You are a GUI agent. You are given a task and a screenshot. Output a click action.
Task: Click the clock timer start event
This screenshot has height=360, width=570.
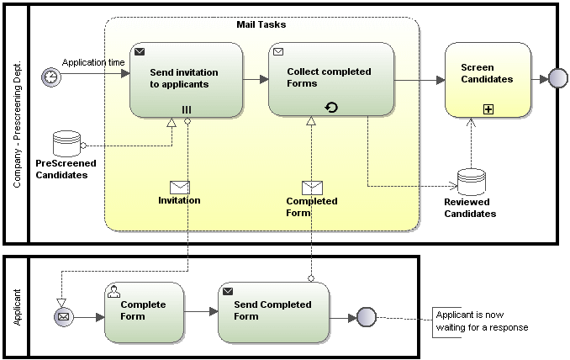(x=51, y=76)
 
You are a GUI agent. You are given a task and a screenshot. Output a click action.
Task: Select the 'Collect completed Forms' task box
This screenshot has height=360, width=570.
(x=331, y=79)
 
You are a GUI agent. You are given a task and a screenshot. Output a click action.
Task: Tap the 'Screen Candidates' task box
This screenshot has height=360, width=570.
(x=488, y=79)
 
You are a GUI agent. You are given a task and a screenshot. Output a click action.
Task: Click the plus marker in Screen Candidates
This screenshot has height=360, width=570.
(x=488, y=109)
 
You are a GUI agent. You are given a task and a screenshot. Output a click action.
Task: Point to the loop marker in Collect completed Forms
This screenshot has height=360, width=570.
(x=331, y=108)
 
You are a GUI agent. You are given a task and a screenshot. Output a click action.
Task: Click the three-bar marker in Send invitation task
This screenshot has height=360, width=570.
(x=187, y=109)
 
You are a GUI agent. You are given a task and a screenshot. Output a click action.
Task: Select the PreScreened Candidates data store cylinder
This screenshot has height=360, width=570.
(x=66, y=143)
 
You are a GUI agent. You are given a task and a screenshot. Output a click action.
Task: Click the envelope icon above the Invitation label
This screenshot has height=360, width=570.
(x=180, y=187)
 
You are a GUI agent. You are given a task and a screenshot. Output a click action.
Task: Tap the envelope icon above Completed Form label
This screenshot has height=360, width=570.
(x=312, y=188)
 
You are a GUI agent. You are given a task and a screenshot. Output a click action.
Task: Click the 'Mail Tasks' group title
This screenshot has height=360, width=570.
(x=261, y=25)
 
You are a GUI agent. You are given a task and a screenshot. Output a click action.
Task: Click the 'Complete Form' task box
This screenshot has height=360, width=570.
(x=143, y=311)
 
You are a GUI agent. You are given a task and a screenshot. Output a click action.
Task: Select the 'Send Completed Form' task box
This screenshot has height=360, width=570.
(x=273, y=311)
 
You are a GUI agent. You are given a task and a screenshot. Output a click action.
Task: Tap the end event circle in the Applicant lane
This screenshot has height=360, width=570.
(x=366, y=317)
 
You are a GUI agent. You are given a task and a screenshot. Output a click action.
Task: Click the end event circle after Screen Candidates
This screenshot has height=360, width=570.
(x=557, y=79)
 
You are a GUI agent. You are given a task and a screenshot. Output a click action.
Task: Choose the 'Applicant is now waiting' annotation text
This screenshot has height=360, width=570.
(x=482, y=321)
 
